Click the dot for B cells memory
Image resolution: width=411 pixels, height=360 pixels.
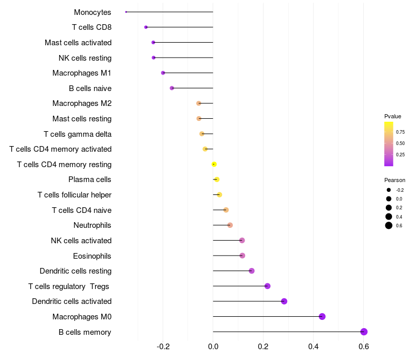pos(364,332)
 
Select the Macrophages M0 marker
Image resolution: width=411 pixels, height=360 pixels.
pos(322,316)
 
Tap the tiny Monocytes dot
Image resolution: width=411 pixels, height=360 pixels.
pos(126,12)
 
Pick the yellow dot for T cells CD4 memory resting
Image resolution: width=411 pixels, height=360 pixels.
pos(214,164)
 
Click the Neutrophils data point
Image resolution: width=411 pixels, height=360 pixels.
pos(230,225)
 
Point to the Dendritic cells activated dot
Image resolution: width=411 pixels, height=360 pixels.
pos(284,301)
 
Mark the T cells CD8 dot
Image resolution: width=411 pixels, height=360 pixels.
pos(146,27)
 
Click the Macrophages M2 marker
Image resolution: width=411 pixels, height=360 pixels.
pos(199,103)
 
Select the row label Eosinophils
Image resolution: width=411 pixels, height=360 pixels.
pos(92,256)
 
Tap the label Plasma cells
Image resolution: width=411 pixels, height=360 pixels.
pos(89,179)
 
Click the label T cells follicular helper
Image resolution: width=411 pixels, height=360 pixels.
pos(74,195)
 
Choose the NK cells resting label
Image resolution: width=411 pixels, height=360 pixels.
pos(85,58)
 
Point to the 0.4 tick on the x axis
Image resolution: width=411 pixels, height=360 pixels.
pos(313,347)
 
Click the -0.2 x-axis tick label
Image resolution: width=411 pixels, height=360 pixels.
pos(163,347)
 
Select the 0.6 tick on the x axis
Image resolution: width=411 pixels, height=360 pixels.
pos(364,347)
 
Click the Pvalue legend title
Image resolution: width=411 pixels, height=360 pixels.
pos(393,116)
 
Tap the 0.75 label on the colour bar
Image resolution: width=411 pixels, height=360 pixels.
pos(400,132)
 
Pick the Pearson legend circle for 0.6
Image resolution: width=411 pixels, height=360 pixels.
pos(389,225)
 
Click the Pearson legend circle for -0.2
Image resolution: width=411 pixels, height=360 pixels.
pos(389,190)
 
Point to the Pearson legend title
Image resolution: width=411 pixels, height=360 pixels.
pos(395,180)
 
